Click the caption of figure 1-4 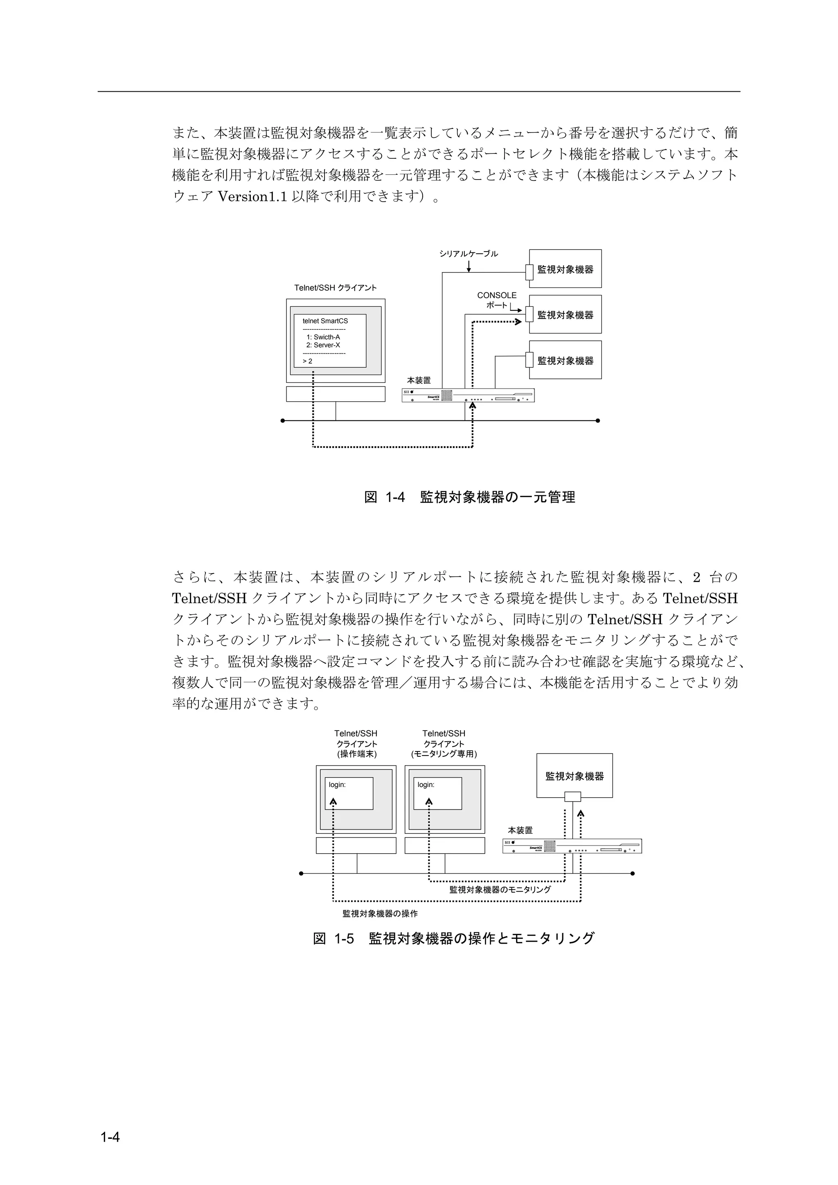pos(469,497)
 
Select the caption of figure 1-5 pos(454,938)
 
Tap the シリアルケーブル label pos(469,254)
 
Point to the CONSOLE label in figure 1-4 pos(496,295)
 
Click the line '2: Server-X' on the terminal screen pos(323,345)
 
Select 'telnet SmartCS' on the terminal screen pos(325,321)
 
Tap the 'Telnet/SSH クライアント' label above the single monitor pos(335,288)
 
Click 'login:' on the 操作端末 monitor pos(337,785)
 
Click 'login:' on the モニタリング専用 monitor pos(426,785)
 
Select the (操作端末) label pos(356,754)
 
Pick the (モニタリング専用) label pos(444,754)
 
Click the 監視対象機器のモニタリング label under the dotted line pos(500,889)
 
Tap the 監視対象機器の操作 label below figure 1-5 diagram pos(380,913)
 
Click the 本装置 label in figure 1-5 pos(520,830)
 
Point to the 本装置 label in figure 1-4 pos(419,380)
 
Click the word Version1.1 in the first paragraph pos(252,197)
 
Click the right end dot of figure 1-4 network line pos(598,420)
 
